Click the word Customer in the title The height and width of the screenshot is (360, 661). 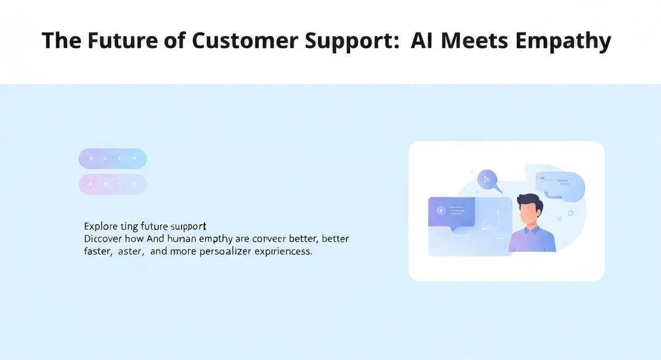click(237, 41)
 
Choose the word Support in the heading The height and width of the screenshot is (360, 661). click(346, 42)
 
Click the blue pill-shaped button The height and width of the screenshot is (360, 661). click(113, 159)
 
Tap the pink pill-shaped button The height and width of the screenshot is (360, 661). click(113, 184)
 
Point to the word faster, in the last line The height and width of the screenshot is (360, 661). click(99, 252)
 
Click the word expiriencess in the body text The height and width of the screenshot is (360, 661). click(286, 252)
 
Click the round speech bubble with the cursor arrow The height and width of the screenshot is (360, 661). click(487, 179)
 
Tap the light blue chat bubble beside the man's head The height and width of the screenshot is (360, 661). click(560, 183)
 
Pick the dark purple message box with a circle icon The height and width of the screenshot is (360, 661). click(451, 212)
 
